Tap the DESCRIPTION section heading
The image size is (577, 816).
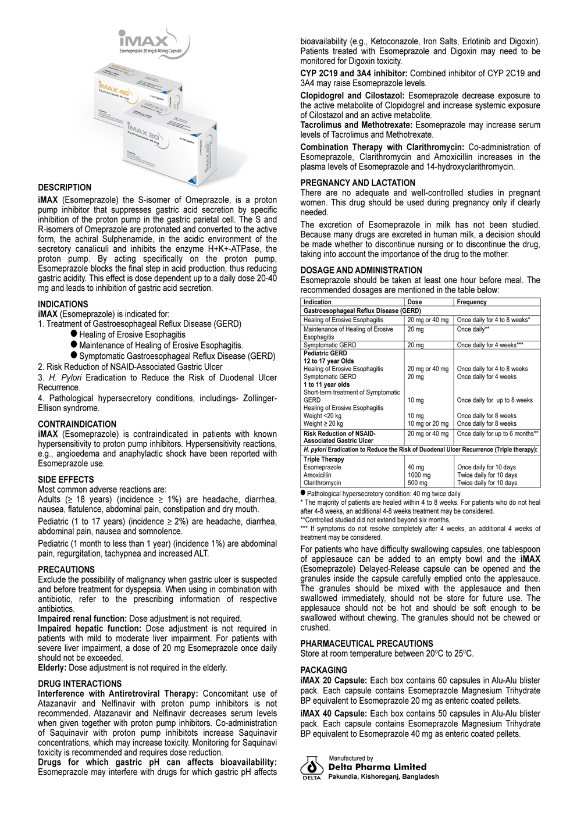(x=65, y=187)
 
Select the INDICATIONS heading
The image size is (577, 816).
(x=63, y=304)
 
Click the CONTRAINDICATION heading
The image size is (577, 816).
(x=77, y=424)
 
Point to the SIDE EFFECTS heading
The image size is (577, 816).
(x=66, y=479)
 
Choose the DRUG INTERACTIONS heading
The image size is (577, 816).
(x=80, y=683)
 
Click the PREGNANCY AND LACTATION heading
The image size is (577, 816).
(x=358, y=183)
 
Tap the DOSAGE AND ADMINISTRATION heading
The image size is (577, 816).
(x=361, y=270)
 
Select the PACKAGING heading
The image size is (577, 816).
(x=323, y=670)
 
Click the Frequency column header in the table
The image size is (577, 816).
(x=472, y=302)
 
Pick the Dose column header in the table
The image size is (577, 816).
(x=415, y=302)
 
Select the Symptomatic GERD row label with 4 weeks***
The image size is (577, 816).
(x=330, y=345)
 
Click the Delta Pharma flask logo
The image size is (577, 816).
(x=312, y=768)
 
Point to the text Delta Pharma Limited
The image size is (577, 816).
(x=377, y=767)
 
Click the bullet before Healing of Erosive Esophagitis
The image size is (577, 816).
(x=74, y=334)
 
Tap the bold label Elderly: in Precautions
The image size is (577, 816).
(x=52, y=667)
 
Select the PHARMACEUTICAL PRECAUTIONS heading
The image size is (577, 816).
(x=366, y=643)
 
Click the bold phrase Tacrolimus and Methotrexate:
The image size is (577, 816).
(x=356, y=125)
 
